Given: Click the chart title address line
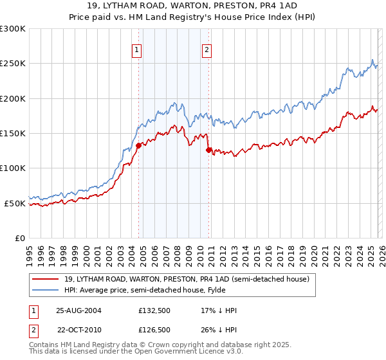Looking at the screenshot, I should coord(193,6).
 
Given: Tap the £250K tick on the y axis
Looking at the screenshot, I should coord(13,64).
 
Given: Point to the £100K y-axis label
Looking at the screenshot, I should coord(13,168).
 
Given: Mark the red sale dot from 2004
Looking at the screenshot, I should coord(138,145).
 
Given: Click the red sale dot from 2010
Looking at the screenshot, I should coord(208,150).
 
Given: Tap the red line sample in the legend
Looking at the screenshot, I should coord(45,279).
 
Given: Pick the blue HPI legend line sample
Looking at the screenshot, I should coord(45,290).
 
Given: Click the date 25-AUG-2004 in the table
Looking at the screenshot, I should coord(78,310).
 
